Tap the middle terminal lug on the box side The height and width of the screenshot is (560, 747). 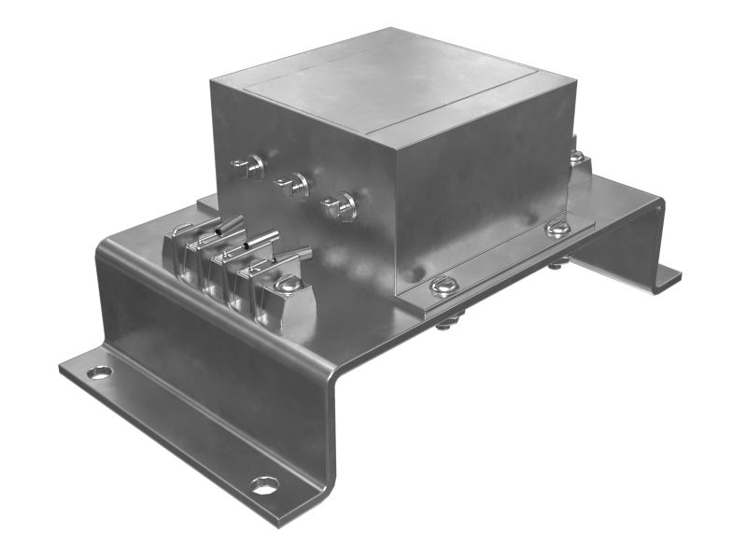point(294,185)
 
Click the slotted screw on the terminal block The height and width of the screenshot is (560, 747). point(289,286)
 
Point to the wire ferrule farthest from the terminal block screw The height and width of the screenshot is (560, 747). point(227,224)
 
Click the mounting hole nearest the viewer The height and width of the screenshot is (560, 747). point(264,485)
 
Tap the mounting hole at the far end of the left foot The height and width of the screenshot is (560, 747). point(99,372)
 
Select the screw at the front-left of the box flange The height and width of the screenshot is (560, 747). point(444,285)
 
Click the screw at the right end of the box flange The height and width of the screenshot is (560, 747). point(557,228)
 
